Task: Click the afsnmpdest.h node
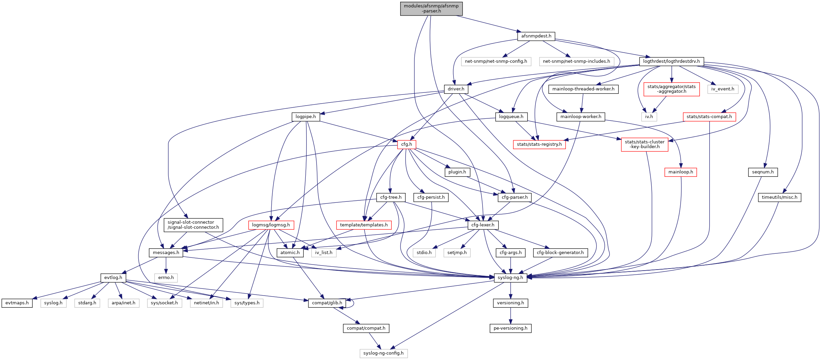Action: coord(536,36)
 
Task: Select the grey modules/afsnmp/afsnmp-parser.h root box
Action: coord(431,8)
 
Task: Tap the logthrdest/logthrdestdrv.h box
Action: coord(671,61)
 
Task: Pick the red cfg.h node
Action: coord(406,144)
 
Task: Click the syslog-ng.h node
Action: coord(510,278)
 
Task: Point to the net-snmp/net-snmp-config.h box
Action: coord(496,61)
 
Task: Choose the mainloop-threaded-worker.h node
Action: coord(583,89)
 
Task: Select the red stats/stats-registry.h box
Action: coord(539,144)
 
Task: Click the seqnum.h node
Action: coord(763,172)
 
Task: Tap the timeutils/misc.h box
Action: coord(779,197)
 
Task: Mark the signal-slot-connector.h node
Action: coord(193,225)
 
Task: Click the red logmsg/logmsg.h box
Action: coord(271,225)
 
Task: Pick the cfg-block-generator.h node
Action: coord(560,253)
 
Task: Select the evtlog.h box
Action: coord(113,278)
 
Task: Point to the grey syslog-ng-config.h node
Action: coord(383,353)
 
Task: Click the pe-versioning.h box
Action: coord(510,328)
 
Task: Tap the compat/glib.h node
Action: coord(327,303)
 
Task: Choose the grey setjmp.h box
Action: coord(457,253)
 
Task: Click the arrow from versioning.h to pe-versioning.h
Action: coord(511,315)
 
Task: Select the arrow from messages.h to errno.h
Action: coord(166,265)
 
